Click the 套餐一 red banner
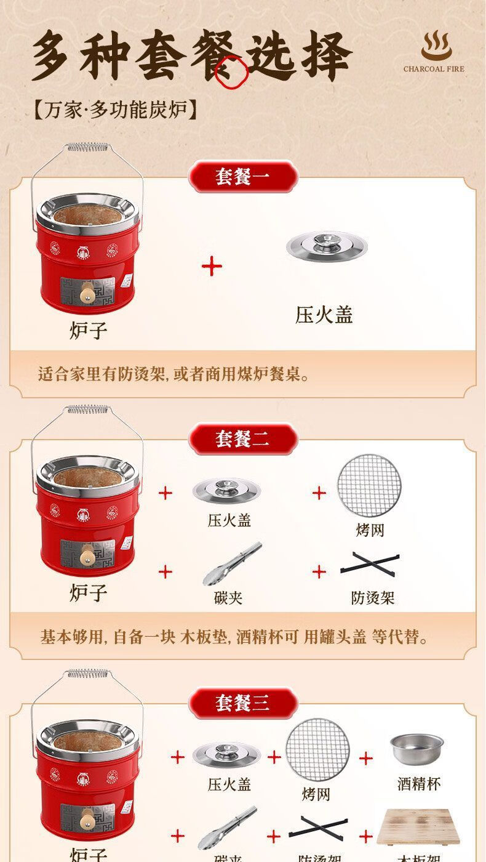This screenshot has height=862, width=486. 242,177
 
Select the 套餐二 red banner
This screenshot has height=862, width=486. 242,439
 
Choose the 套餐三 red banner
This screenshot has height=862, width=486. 242,702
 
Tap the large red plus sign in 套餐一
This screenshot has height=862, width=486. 212,267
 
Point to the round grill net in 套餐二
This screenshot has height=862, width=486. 368,486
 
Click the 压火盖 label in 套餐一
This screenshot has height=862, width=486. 324,315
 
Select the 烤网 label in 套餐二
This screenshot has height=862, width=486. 370,530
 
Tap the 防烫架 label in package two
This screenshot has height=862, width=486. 372,597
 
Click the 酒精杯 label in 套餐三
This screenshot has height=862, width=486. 418,784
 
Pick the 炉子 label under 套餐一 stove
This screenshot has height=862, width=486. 88,330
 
